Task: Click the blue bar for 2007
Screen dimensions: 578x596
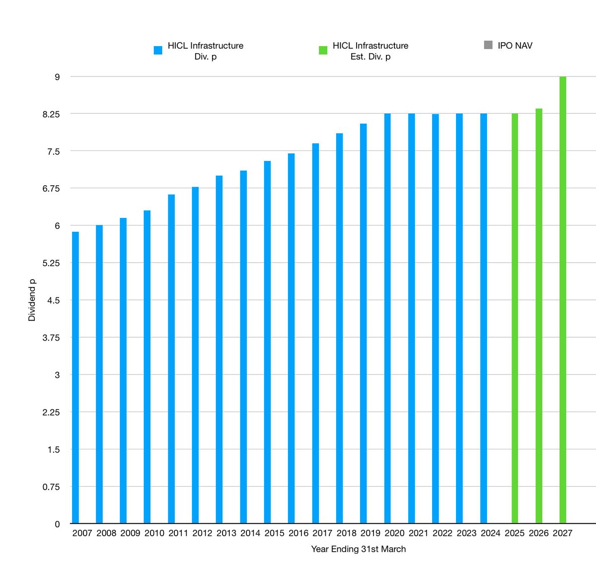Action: tap(75, 377)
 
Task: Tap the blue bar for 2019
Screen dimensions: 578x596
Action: tap(364, 323)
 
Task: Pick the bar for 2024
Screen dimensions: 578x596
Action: tap(484, 318)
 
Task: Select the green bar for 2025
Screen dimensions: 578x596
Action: tap(515, 318)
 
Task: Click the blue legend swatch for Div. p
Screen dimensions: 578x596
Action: tap(158, 50)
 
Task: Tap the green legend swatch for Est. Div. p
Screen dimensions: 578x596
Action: tap(323, 50)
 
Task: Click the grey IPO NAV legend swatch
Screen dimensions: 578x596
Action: tap(488, 45)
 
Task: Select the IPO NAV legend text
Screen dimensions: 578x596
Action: tap(515, 46)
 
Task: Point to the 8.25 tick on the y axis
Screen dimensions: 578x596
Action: tap(51, 114)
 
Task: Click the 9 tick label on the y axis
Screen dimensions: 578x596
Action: tap(57, 77)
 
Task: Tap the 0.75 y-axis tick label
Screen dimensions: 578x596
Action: tap(51, 487)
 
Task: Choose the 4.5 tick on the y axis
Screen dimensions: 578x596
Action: tap(53, 300)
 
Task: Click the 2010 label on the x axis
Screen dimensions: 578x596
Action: tap(154, 533)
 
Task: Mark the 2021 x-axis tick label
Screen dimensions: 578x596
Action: tap(418, 533)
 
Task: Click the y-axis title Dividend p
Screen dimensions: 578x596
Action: tap(32, 300)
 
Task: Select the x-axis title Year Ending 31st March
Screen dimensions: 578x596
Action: tap(358, 549)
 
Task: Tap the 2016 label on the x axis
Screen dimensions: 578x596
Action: tap(298, 533)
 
